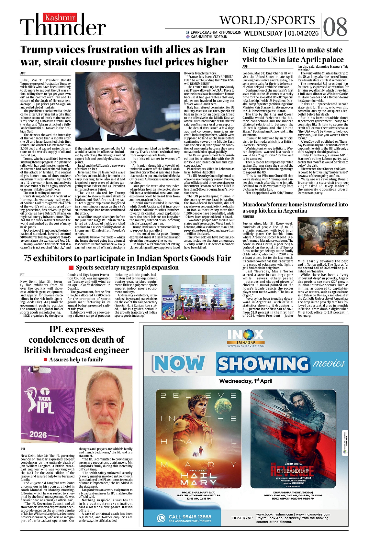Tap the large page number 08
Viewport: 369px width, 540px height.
(335, 27)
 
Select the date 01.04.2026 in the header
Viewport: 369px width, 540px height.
(303, 33)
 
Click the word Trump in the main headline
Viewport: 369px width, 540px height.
(37, 50)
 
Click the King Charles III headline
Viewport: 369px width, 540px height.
(292, 55)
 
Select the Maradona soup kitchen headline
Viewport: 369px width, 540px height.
(295, 207)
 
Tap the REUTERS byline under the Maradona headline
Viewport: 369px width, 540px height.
(248, 217)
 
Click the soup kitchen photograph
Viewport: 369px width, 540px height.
(323, 237)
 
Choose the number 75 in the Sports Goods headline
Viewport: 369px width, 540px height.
(27, 258)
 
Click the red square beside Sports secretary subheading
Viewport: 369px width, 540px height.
(71, 268)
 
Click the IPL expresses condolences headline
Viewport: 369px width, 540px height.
(76, 340)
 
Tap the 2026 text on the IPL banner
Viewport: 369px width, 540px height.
(38, 434)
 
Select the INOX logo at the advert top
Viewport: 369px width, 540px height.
(246, 335)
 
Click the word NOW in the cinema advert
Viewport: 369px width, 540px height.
(179, 363)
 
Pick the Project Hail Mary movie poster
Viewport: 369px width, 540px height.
(198, 438)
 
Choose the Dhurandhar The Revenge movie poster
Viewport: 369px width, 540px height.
(293, 438)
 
